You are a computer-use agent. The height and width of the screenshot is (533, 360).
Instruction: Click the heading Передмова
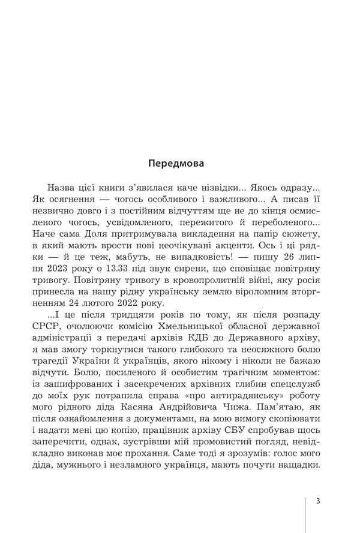coord(176,162)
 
